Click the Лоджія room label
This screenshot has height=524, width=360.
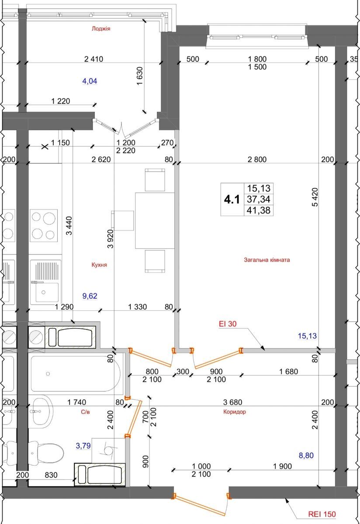[x=101, y=28]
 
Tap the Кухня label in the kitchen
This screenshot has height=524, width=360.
[x=99, y=265]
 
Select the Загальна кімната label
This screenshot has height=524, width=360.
[x=267, y=260]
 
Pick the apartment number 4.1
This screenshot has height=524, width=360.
[x=232, y=200]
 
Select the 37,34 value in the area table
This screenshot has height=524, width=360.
[x=259, y=199]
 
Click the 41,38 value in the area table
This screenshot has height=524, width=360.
[x=259, y=210]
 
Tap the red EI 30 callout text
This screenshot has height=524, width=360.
[x=228, y=324]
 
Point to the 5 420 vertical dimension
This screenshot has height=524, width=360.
[x=315, y=197]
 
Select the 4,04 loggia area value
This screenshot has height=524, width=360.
[x=90, y=81]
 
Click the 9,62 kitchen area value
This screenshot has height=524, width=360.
[x=90, y=296]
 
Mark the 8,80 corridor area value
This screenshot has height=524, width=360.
[x=306, y=455]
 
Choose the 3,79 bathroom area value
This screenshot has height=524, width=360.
[x=83, y=446]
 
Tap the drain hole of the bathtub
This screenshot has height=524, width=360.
[x=48, y=374]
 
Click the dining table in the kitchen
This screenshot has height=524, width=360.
[x=155, y=221]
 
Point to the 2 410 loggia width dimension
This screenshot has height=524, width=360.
[x=93, y=59]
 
